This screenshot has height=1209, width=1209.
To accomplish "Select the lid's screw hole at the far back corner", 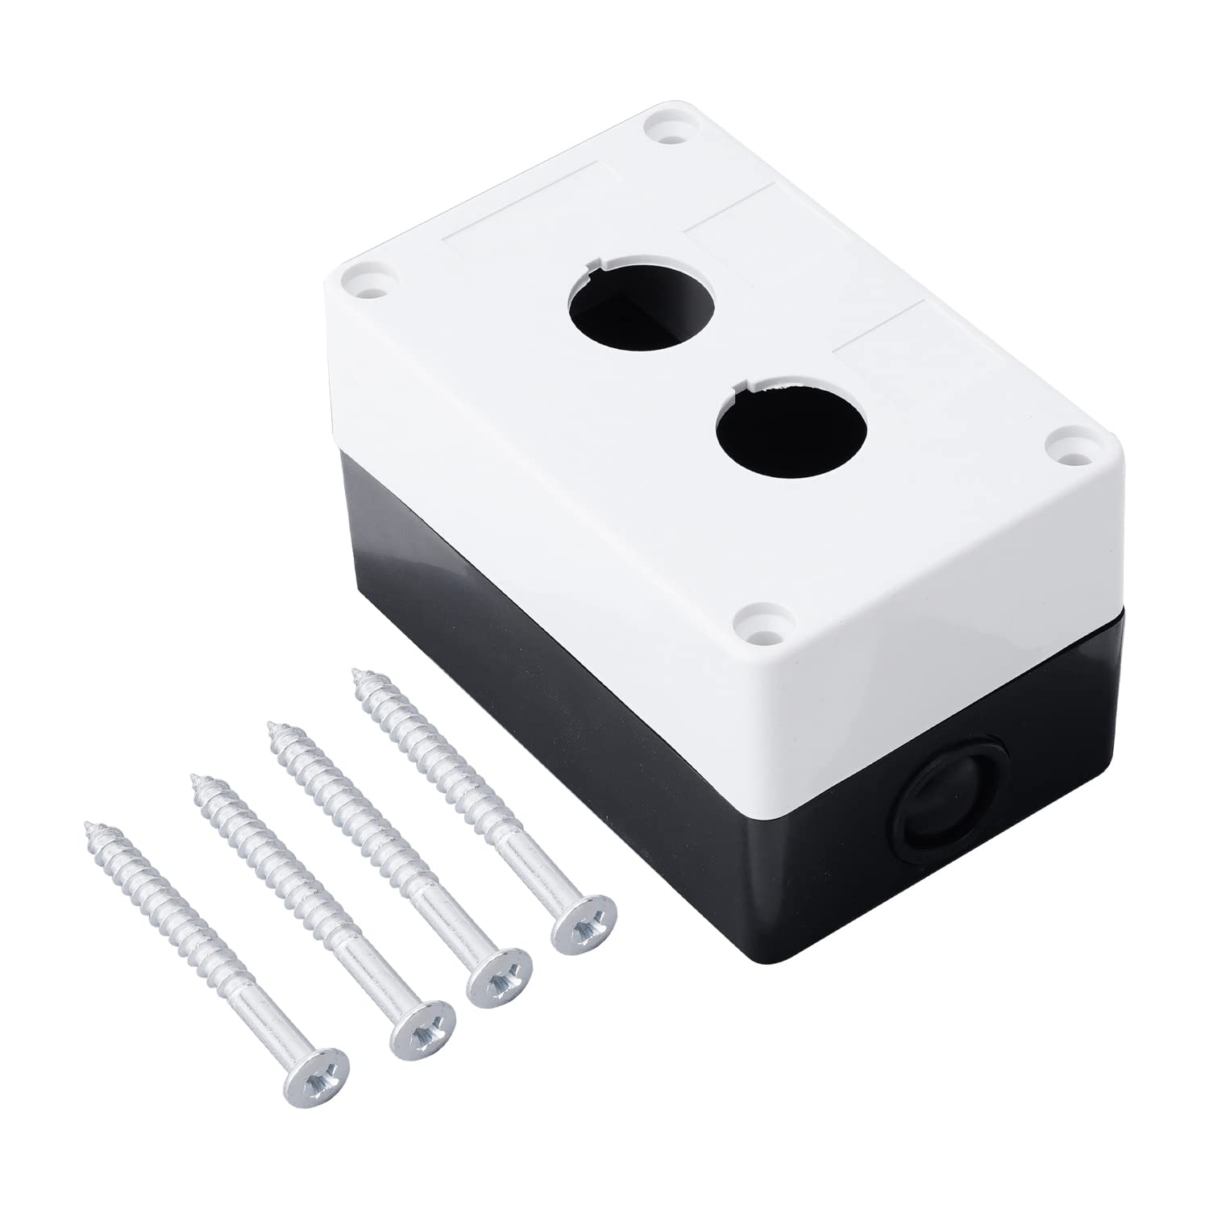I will click(x=663, y=128).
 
